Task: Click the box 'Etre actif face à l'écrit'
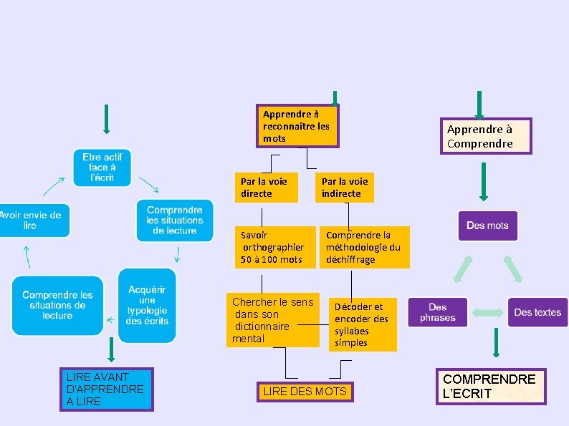102,168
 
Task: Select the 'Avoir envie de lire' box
34,220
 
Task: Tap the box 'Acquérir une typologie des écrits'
147,306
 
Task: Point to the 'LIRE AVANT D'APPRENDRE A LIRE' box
106,389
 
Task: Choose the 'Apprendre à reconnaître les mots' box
297,126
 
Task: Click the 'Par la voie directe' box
266,188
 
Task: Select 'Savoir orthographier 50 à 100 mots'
274,247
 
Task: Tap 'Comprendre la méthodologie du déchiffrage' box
364,247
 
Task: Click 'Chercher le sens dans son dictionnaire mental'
273,320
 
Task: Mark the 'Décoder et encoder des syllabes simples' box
363,324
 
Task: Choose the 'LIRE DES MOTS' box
305,392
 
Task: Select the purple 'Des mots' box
487,226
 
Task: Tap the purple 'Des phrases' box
438,312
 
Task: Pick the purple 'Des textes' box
537,312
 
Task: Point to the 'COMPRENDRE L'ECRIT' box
491,387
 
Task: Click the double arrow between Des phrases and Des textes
487,312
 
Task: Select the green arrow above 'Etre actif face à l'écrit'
106,119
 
